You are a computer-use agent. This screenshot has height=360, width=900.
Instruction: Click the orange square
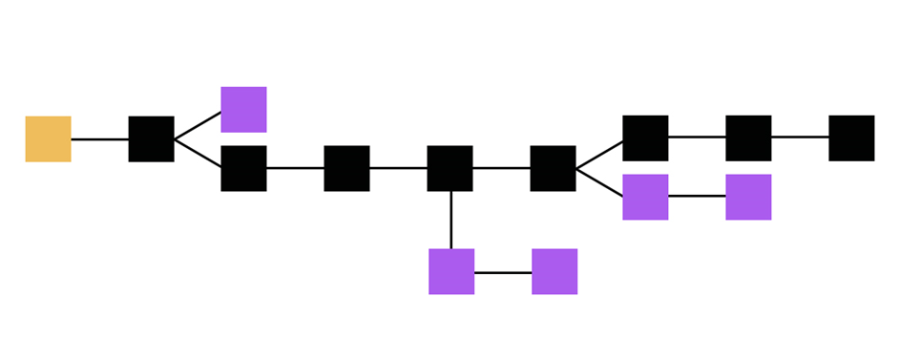[x=48, y=138]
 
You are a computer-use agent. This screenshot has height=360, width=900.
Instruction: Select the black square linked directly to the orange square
[x=151, y=138]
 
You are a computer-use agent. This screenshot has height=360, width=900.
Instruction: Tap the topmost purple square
[x=243, y=109]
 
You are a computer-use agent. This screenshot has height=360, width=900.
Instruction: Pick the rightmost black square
[x=851, y=138]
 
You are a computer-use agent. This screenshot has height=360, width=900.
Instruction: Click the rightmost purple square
[x=748, y=197]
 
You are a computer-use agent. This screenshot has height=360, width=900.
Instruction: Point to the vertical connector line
[x=450, y=220]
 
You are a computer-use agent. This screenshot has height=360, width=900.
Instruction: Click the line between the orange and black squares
[x=99, y=138]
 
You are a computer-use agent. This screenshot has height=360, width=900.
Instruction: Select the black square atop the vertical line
[x=450, y=168]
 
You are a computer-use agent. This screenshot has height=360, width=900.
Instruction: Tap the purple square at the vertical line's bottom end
[x=451, y=271]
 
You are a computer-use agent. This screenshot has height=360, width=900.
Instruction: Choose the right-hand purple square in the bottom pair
[x=555, y=271]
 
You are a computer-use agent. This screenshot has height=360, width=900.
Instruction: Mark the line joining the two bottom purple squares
[x=503, y=272]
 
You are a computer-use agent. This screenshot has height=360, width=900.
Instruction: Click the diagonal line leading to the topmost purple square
[x=198, y=125]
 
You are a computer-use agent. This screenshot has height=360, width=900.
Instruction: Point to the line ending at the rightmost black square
[x=800, y=137]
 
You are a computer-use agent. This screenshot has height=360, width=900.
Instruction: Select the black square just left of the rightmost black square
[x=748, y=138]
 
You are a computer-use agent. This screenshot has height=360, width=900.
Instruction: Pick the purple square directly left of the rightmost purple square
[x=645, y=197]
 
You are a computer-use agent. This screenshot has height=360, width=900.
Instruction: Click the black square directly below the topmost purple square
[x=243, y=168]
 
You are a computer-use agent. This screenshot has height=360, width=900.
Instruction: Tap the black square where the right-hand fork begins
[x=553, y=168]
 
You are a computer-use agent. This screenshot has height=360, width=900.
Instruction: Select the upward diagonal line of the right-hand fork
[x=599, y=154]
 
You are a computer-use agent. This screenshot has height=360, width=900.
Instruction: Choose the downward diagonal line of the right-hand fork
[x=599, y=182]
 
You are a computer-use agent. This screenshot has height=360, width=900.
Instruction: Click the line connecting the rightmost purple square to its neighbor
[x=697, y=196]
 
